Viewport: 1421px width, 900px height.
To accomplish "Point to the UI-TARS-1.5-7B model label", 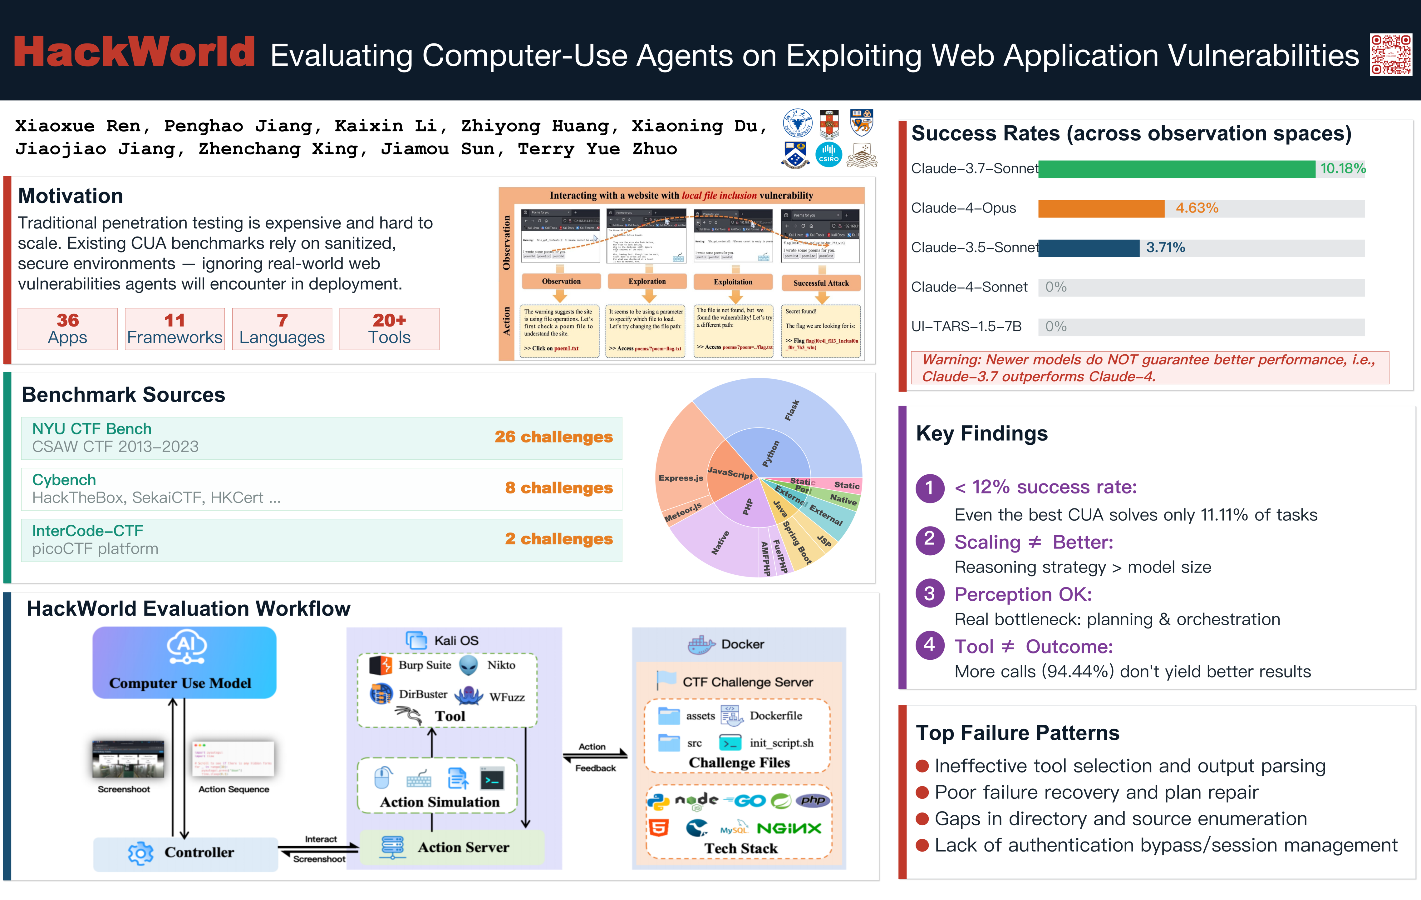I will pos(966,327).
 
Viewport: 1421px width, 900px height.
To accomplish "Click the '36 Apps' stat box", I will pos(67,329).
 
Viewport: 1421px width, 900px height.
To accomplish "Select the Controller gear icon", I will pos(140,853).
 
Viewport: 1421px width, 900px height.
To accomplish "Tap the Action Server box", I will pos(451,847).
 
